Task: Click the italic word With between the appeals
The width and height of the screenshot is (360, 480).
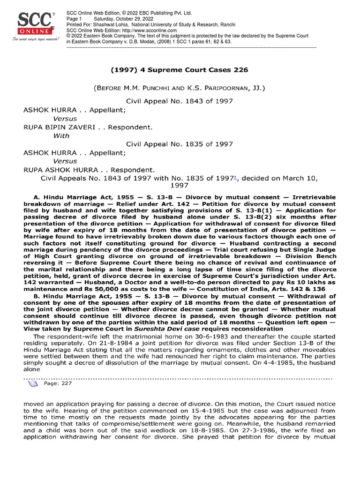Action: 61,135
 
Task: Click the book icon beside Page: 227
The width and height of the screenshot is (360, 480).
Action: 32,383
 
